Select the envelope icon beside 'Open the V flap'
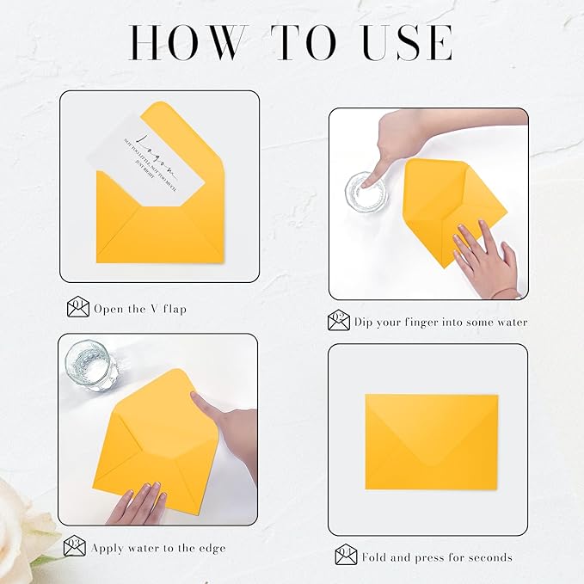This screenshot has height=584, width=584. (78, 307)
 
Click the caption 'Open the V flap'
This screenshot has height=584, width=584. (140, 309)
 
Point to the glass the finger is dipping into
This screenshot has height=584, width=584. (366, 191)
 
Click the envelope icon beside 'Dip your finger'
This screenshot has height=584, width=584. (339, 322)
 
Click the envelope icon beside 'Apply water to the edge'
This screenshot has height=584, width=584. (75, 546)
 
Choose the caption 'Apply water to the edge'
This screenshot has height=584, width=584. (160, 547)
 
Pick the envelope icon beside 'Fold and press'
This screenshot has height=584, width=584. (346, 556)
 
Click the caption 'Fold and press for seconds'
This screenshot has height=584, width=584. (437, 557)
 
